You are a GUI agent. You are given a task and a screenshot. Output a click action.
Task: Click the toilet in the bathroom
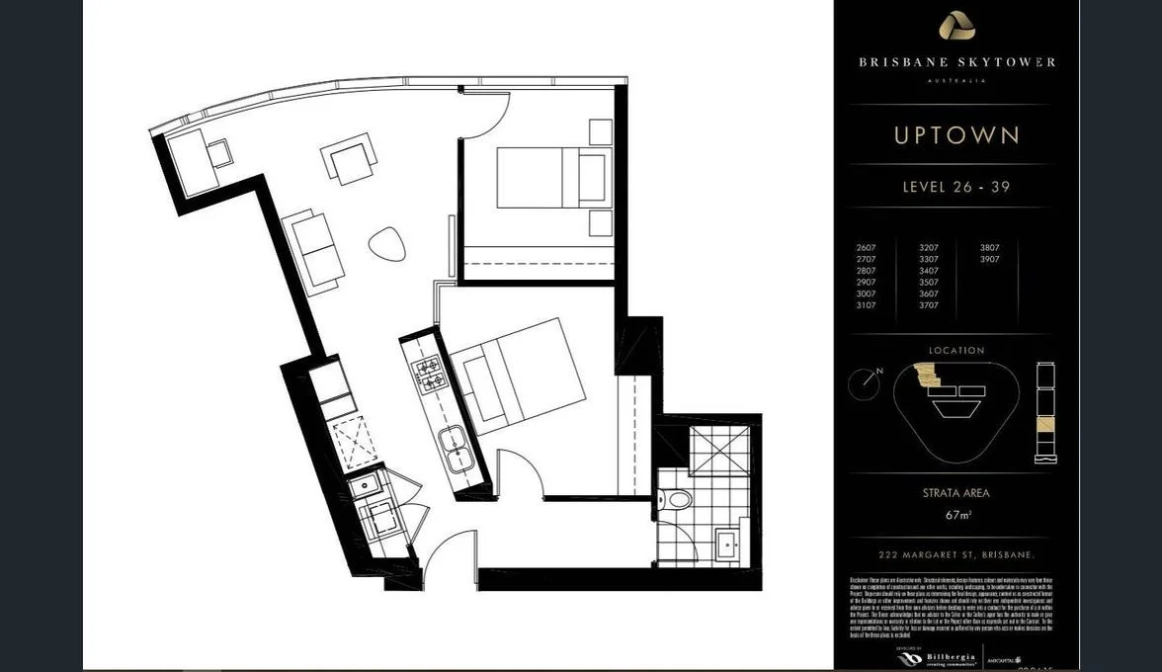pyautogui.click(x=679, y=499)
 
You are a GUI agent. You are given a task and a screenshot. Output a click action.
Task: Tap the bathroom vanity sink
pyautogui.click(x=729, y=542)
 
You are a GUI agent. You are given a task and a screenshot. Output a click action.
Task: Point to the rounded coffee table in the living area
pyautogui.click(x=387, y=243)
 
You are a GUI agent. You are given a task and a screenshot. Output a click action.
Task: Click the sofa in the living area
pyautogui.click(x=314, y=251)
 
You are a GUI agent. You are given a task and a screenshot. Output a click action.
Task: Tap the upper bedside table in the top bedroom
pyautogui.click(x=600, y=131)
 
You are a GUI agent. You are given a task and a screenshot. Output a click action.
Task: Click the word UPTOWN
pyautogui.click(x=956, y=135)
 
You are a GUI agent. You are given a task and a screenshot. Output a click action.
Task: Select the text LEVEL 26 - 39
pyautogui.click(x=956, y=187)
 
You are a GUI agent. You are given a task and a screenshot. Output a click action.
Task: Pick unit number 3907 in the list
pyautogui.click(x=990, y=260)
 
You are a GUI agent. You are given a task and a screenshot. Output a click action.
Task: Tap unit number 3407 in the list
pyautogui.click(x=929, y=271)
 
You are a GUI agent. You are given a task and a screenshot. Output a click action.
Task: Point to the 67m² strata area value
pyautogui.click(x=955, y=515)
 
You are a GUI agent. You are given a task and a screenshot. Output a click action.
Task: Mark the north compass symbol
pyautogui.click(x=866, y=383)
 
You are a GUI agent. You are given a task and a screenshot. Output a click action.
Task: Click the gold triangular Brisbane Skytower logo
pyautogui.click(x=955, y=26)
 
